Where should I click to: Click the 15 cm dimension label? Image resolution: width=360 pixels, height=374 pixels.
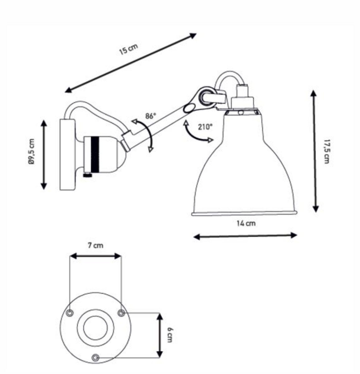pos(129,49)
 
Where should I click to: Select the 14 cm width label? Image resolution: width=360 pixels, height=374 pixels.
pos(246,223)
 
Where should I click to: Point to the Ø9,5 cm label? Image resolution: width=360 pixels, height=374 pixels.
pos(31,152)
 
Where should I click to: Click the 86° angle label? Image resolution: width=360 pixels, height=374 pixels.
pos(151,116)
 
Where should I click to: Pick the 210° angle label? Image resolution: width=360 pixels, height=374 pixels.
pos(205,127)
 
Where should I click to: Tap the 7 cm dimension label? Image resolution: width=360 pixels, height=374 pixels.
pos(95,245)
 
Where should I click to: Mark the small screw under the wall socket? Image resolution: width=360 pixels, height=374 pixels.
pos(88,175)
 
